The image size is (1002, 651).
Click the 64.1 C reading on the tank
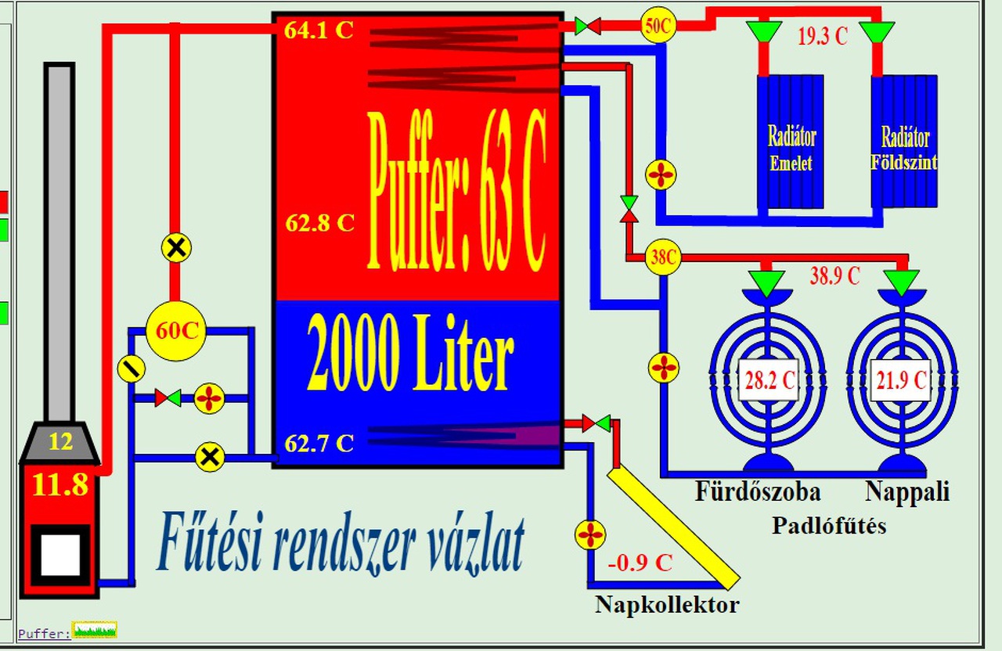[319, 31]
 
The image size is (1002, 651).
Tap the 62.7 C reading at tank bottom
[319, 444]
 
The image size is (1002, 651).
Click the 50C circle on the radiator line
[658, 26]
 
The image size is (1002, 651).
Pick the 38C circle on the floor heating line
[663, 257]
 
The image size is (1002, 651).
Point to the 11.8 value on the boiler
[60, 485]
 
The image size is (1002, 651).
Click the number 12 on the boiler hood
[60, 442]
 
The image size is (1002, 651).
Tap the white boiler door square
[60, 555]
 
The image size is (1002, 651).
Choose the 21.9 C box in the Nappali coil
[902, 382]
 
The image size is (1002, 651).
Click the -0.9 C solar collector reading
[640, 563]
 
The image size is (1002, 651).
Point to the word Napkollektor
[666, 605]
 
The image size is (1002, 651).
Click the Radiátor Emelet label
[791, 149]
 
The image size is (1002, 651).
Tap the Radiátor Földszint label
[905, 149]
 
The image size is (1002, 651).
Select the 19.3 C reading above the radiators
[822, 37]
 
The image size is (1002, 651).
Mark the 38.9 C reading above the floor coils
[834, 275]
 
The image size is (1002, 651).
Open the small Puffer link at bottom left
[44, 633]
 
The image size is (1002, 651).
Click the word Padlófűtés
[829, 525]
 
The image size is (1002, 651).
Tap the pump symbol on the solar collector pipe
[590, 535]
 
